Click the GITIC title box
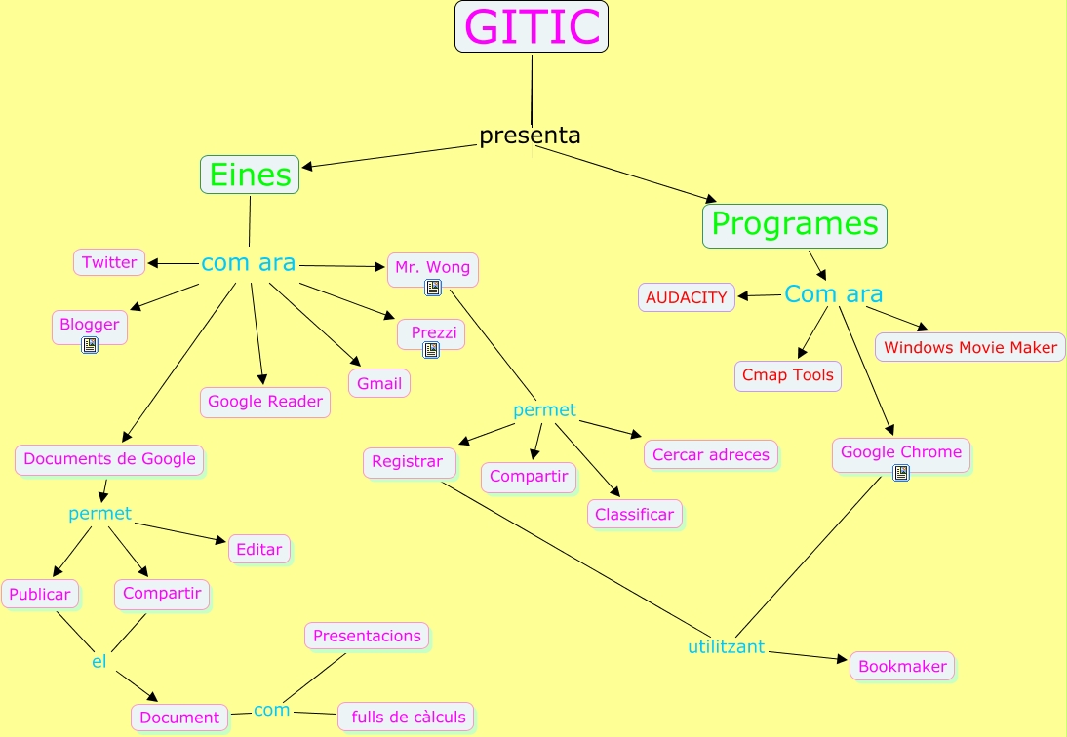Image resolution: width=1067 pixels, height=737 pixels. pos(532,26)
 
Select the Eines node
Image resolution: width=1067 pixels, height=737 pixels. pos(250,175)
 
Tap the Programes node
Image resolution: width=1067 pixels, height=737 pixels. pos(795,225)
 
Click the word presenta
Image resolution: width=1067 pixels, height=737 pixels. pos(530,136)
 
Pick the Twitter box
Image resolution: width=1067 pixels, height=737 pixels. pos(109,262)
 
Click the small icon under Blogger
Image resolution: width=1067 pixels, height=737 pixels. pos(90,344)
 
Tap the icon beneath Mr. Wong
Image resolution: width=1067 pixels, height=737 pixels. pos(433,287)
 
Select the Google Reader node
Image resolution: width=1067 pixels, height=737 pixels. pos(265,402)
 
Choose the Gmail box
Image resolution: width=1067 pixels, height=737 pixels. pos(379,383)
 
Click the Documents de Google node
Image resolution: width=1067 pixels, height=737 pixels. pos(109,459)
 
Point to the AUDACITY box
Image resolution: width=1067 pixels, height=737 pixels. pos(687,297)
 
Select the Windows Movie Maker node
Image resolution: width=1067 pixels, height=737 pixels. pos(970,347)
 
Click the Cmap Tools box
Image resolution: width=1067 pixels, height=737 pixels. pos(788,375)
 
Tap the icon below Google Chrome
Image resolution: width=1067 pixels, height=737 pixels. pos(901,473)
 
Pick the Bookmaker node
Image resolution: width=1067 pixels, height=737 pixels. pos(902,667)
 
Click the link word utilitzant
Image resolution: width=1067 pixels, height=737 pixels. pos(727,646)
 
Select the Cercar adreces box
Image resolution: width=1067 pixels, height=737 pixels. pos(711,454)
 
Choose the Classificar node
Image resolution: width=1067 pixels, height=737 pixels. pos(635,514)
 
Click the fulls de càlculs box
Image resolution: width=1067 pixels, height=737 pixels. pos(407,718)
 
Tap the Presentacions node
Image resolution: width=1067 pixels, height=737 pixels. pos(367,636)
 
